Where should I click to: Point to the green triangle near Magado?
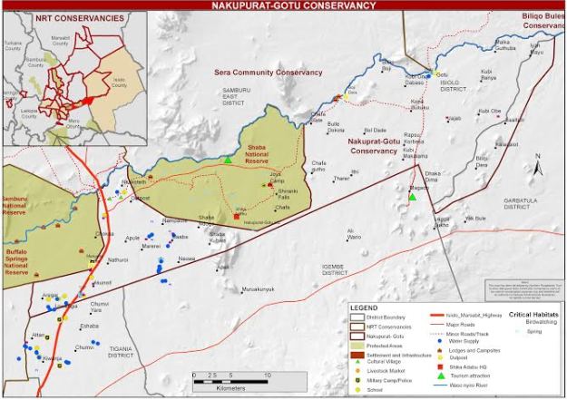point(412,197)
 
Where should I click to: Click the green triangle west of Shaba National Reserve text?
point(229,160)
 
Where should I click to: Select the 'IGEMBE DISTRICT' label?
point(335,268)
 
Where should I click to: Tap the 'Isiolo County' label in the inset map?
point(119,80)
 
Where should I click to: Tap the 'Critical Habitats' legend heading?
point(533,314)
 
